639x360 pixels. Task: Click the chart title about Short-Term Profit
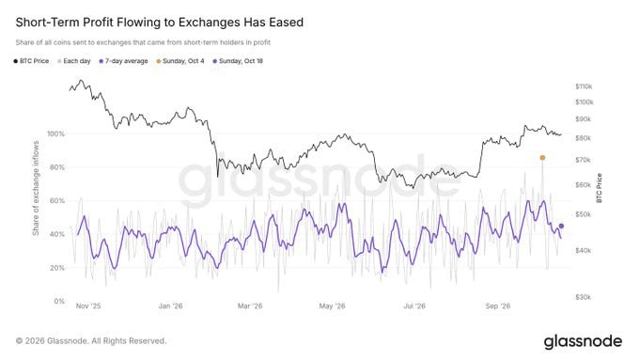click(160, 22)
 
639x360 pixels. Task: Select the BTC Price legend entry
click(31, 61)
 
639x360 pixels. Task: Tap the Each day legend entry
click(73, 61)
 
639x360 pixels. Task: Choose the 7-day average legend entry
click(123, 61)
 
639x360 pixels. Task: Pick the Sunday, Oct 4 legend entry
click(180, 61)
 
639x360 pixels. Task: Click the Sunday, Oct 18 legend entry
click(238, 61)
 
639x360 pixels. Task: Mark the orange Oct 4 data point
click(542, 158)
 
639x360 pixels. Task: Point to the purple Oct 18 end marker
click(561, 226)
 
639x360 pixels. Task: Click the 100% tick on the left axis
click(55, 134)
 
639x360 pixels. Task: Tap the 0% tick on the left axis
click(59, 302)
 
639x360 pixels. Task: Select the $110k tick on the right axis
click(584, 86)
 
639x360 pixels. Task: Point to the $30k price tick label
click(584, 297)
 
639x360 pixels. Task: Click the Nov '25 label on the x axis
click(88, 306)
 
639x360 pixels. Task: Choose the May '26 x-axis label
click(332, 306)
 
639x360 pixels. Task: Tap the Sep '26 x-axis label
click(498, 306)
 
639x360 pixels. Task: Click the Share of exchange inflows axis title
click(36, 188)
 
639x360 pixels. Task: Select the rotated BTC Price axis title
click(600, 188)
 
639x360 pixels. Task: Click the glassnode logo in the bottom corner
click(584, 341)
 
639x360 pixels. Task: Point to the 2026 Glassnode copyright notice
click(91, 341)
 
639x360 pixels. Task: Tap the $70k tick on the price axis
click(584, 160)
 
